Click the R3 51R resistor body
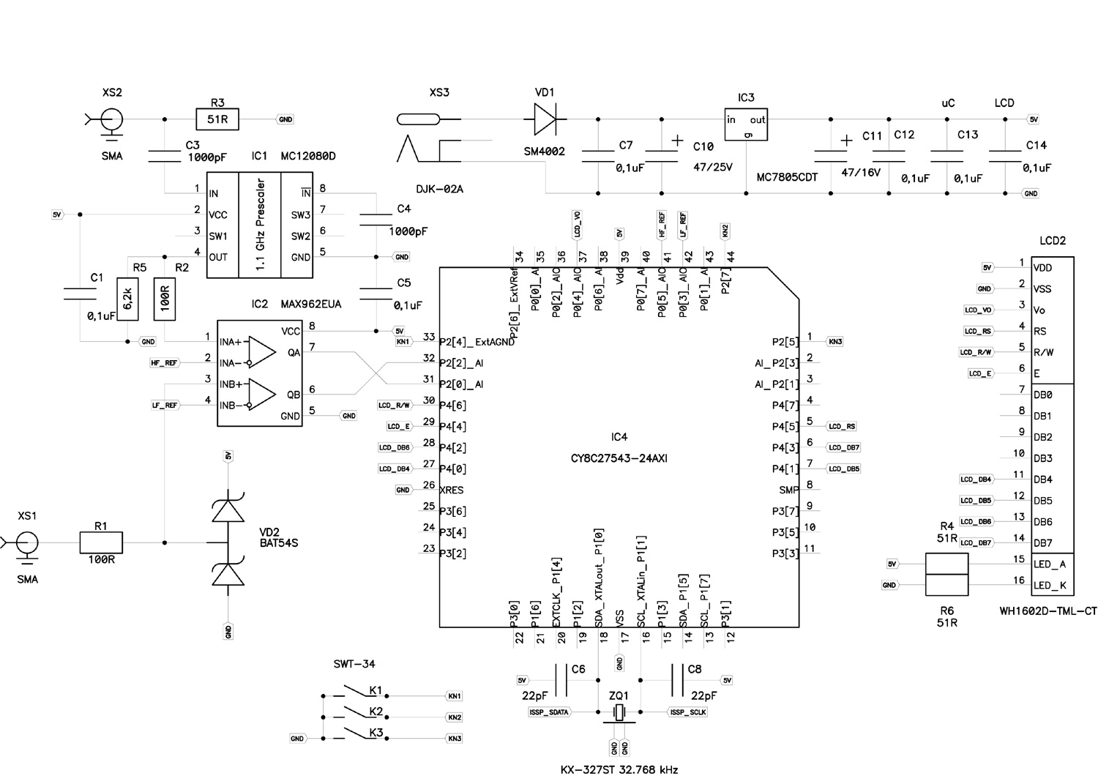(217, 119)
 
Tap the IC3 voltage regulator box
(745, 125)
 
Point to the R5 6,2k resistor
(128, 299)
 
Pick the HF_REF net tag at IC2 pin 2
(164, 362)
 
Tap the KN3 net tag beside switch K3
(455, 739)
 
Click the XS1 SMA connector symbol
(27, 543)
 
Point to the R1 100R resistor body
(101, 542)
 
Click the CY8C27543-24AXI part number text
(619, 459)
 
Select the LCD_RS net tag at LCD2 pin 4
(978, 331)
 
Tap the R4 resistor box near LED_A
(946, 564)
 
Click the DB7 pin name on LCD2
(1043, 543)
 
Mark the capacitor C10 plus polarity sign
(678, 140)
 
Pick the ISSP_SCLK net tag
(687, 712)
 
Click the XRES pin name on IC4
(452, 490)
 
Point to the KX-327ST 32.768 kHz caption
(619, 769)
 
